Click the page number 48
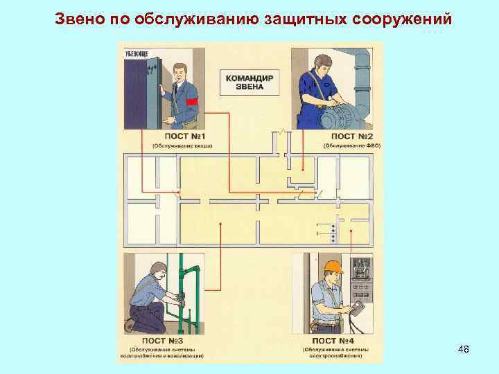tap(464, 350)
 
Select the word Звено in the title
tap(78, 18)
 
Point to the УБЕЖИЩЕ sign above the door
tap(137, 53)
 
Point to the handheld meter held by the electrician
tap(360, 308)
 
